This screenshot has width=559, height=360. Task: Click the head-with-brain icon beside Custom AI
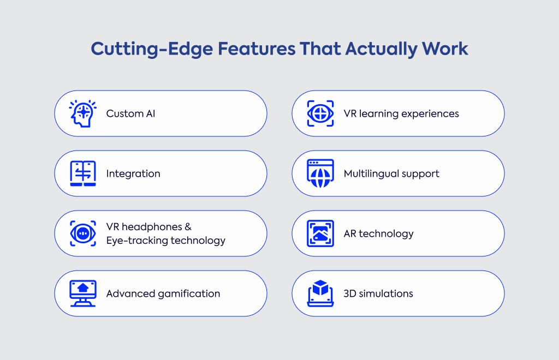83,113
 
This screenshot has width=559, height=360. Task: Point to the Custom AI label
130,113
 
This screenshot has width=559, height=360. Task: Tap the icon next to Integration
83,173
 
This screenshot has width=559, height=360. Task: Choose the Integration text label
133,174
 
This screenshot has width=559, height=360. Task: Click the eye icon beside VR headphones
83,233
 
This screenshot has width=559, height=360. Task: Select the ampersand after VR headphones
188,227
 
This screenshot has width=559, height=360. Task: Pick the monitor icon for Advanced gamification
83,293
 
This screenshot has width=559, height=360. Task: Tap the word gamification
189,294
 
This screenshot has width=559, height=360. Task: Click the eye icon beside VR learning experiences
320,113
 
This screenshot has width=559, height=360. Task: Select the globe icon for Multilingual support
320,173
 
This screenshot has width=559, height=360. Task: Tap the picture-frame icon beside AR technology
320,233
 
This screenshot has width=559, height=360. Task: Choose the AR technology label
379,234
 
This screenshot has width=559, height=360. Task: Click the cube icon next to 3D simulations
320,293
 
